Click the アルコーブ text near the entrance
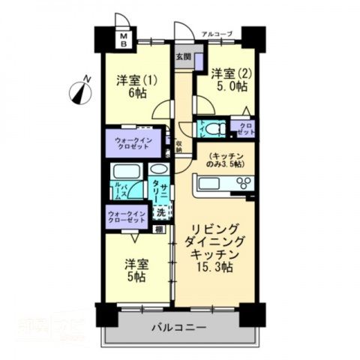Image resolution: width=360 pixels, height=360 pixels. (218, 33)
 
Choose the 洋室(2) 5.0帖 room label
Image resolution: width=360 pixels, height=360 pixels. (228, 80)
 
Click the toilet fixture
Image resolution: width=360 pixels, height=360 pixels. (213, 128)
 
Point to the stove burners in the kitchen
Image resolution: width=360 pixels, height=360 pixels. (244, 182)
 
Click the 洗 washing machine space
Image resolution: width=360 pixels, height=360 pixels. (159, 211)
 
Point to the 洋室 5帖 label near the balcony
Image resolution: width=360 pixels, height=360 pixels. (136, 270)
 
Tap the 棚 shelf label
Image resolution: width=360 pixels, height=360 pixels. (159, 228)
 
